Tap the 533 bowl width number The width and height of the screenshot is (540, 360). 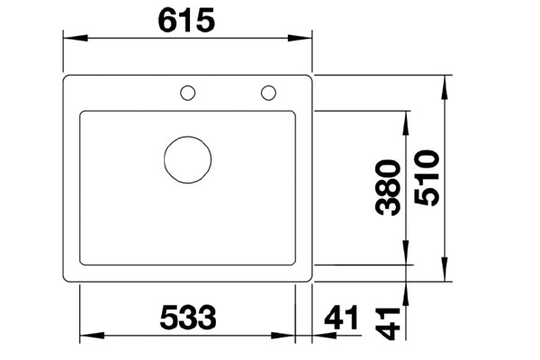(189, 318)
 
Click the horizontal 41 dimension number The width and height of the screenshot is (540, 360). (339, 318)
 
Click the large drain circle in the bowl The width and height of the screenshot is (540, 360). (188, 162)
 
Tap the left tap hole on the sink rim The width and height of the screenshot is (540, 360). (188, 92)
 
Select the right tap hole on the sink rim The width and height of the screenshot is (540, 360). (268, 92)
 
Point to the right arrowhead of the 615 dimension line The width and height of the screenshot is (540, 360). (306, 39)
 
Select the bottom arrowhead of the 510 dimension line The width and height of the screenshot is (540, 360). (444, 275)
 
